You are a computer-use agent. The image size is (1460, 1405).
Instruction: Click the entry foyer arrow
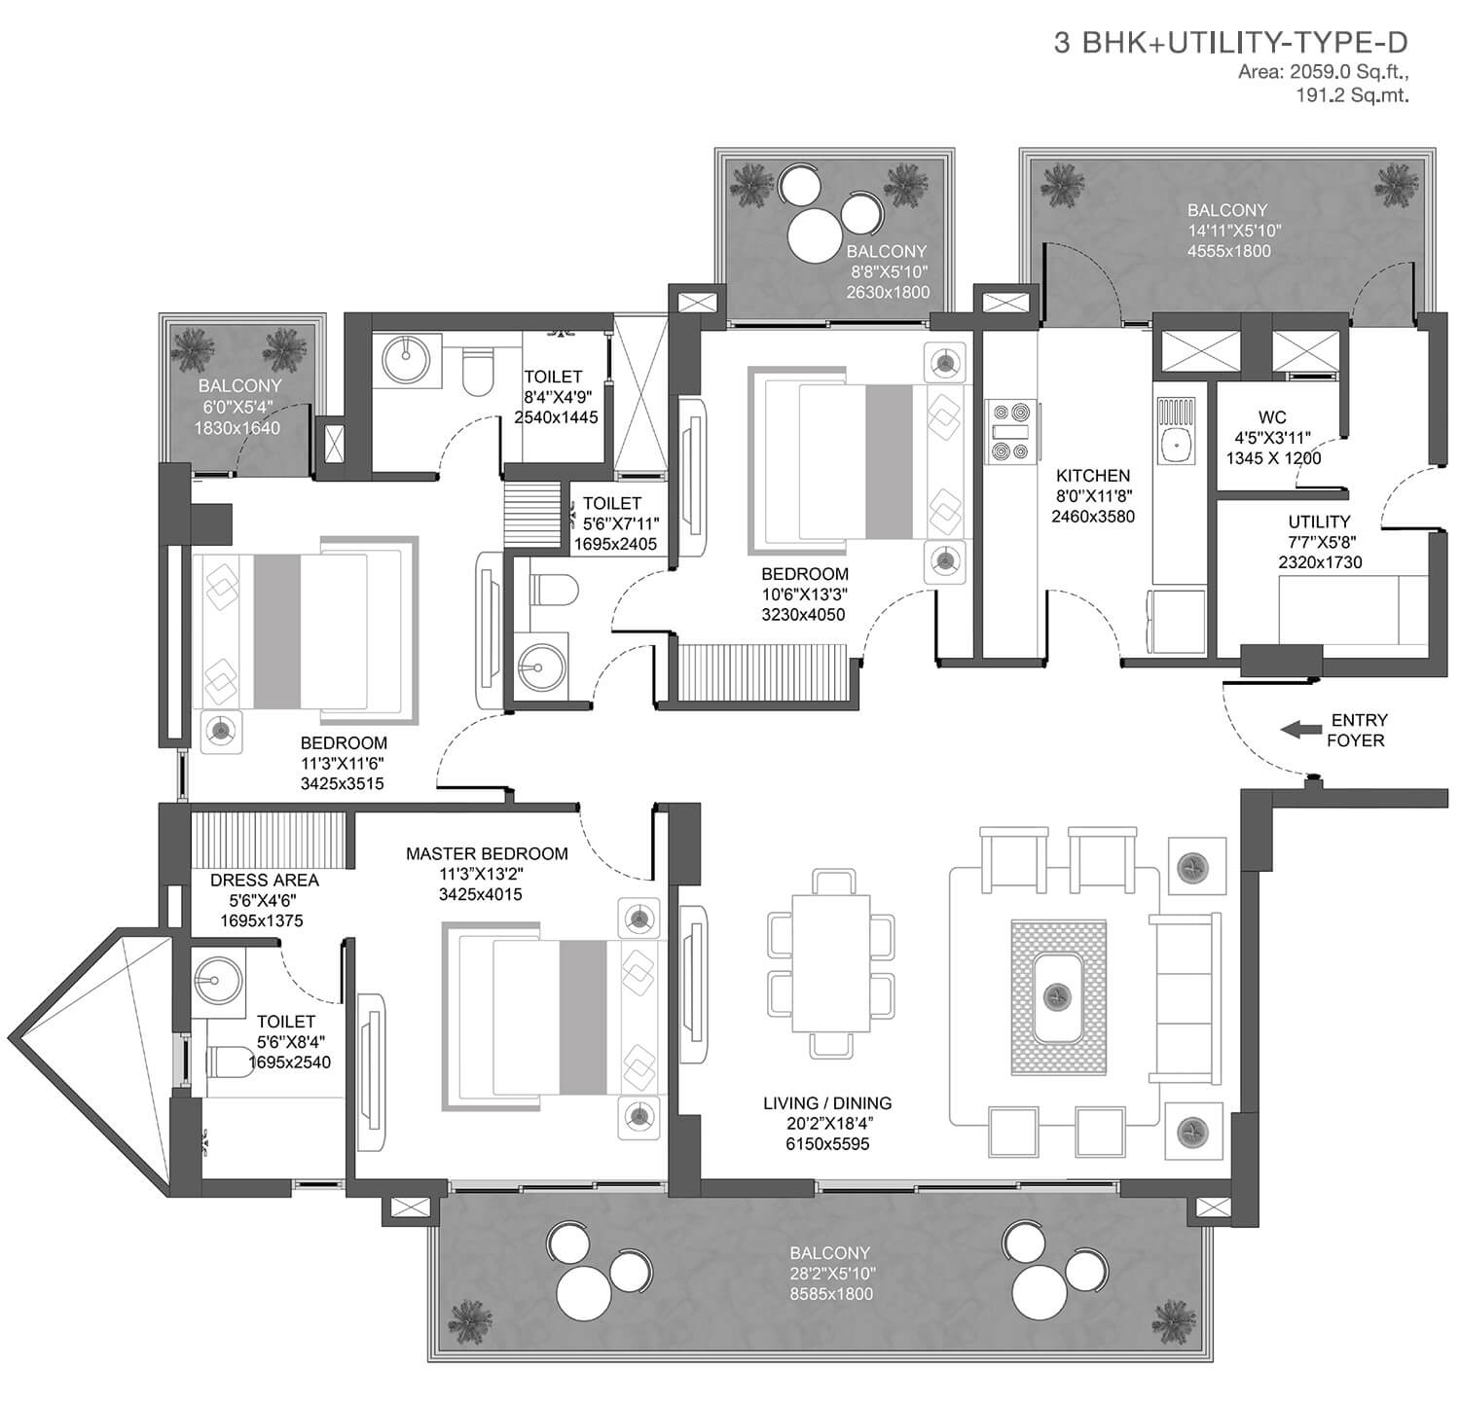pos(1300,729)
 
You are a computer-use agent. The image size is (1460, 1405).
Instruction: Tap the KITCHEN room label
pos(1093,476)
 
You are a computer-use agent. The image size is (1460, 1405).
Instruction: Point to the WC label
pos(1272,417)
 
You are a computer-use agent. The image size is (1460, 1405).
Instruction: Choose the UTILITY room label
pos(1319,522)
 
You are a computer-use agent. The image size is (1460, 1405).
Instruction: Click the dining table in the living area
pos(830,963)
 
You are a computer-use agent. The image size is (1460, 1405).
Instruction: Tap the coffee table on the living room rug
pos(1058,997)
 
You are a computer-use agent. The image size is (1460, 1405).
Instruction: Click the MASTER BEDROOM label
pos(487,853)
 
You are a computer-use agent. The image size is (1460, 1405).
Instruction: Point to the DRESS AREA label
pos(265,880)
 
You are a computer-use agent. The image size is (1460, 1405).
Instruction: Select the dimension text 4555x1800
pos(1228,251)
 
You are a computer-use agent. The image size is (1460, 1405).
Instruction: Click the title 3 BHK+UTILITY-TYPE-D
pos(1231,43)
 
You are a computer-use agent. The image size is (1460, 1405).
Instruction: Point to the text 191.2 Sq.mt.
pos(1352,94)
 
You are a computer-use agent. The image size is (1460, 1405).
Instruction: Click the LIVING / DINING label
pos(827,1102)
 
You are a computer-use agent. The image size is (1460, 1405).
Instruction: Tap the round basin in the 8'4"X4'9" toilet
pos(401,360)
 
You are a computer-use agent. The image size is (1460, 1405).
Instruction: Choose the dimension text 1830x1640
pos(237,428)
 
